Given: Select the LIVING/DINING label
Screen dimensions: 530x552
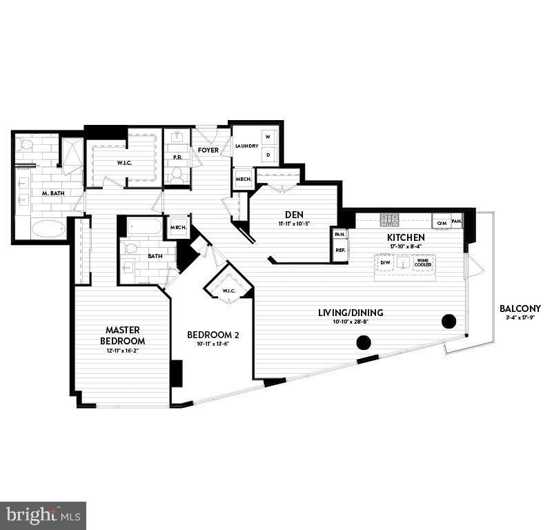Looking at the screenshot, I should pos(351,313).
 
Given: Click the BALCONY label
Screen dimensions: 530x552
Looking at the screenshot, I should pos(520,308).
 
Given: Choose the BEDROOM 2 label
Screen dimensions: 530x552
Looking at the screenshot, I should pos(213,335).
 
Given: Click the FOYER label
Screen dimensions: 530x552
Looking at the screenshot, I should pos(208,150).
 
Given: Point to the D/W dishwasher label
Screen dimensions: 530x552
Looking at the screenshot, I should pos(385,263).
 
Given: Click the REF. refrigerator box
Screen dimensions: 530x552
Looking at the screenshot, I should pos(340,251).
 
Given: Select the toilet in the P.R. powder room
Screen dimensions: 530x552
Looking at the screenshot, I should pos(178,173).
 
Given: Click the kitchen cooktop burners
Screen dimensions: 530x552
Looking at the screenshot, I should pos(391,221).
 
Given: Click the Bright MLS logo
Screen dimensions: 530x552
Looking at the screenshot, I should pos(43,515).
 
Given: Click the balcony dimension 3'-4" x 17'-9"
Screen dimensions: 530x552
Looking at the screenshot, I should pos(520,318).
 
